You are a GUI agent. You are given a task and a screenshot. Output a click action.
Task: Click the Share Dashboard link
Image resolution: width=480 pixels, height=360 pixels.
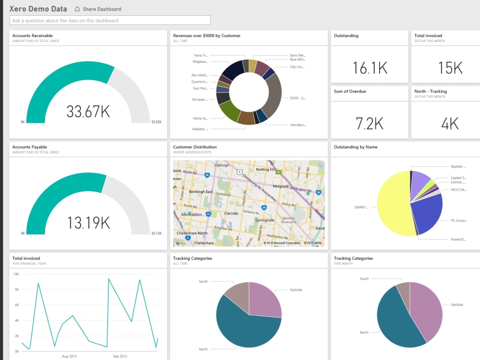pos(102,9)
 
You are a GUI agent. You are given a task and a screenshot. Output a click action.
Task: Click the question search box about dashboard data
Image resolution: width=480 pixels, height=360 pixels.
pos(110,20)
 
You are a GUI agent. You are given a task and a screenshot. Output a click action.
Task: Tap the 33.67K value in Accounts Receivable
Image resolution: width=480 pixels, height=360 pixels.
pos(88,111)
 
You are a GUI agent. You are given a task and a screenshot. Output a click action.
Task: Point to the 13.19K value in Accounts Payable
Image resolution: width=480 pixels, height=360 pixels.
pos(88,223)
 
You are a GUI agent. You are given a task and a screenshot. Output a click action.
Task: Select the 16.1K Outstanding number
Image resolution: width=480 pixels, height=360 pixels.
pos(370,68)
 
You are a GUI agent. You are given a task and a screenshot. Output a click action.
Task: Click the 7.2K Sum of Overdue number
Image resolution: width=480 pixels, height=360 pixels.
pos(370,123)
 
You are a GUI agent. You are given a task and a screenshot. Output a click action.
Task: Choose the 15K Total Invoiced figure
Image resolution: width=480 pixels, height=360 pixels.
pos(450,68)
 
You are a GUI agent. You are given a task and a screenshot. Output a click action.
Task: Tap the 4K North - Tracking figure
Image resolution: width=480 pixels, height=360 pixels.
pos(450,123)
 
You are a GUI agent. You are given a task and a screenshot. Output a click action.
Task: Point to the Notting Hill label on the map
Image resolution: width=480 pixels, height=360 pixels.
pos(269,169)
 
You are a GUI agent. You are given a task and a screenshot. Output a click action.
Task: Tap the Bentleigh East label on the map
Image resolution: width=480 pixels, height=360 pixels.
pos(201,192)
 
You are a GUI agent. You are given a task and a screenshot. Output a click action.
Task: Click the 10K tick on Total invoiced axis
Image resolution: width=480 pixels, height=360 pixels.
pos(16,274)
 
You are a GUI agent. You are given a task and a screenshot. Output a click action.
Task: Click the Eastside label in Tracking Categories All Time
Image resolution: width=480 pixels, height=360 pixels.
pos(296,290)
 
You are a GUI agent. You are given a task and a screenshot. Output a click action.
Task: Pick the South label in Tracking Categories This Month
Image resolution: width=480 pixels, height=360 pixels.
pos(364,278)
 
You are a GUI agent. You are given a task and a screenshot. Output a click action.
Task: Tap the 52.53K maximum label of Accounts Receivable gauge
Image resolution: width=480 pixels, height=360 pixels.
pos(156,122)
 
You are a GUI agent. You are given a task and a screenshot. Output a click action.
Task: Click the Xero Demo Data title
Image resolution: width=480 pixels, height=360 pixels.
pos(38,9)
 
